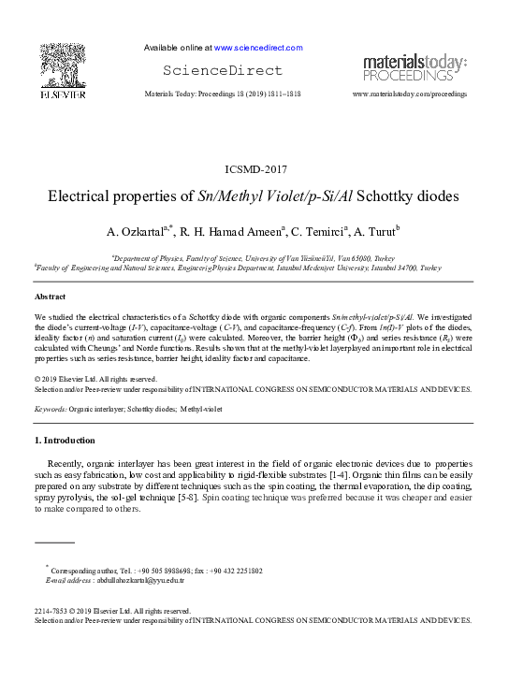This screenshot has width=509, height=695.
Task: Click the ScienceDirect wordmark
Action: click(223, 70)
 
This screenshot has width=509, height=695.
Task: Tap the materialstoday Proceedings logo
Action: click(414, 68)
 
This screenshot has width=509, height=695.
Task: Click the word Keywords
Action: click(50, 409)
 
